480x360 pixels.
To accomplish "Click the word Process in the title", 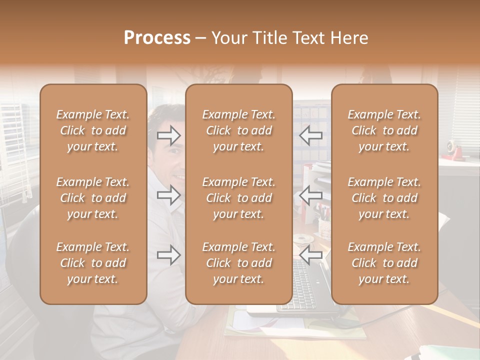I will pos(157,37).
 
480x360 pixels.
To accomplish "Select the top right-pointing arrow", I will pos(169,135).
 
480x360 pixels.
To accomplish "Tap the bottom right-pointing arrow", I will pos(169,255).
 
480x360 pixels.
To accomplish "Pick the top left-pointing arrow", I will pos(311,135).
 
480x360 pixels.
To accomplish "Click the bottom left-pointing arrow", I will pos(311,255).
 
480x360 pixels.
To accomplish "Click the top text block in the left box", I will pos(93,130).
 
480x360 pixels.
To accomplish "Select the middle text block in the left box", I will pos(93,198).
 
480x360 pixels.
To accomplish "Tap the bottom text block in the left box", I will pos(93,263).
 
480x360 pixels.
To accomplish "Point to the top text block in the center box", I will pos(239,130).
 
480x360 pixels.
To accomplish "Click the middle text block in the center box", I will pos(239,198).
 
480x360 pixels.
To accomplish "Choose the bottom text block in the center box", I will pos(239,263).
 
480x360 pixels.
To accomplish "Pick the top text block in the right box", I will pos(384,130).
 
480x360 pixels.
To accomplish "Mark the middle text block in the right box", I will pos(384,198).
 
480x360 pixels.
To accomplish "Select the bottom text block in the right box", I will pos(384,263).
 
